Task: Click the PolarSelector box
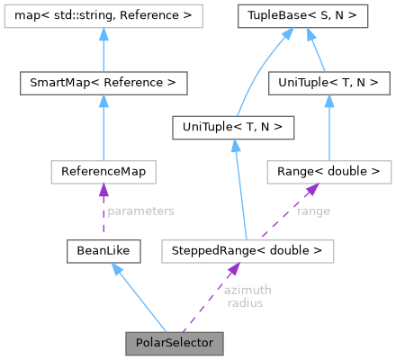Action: pyautogui.click(x=174, y=343)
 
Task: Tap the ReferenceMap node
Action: pyautogui.click(x=103, y=170)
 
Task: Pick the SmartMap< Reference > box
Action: pyautogui.click(x=103, y=84)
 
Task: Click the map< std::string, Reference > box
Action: pyautogui.click(x=103, y=15)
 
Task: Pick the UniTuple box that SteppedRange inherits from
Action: pyautogui.click(x=232, y=128)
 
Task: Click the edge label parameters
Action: pyautogui.click(x=140, y=211)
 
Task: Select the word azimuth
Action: pyautogui.click(x=247, y=290)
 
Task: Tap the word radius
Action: pyautogui.click(x=245, y=303)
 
